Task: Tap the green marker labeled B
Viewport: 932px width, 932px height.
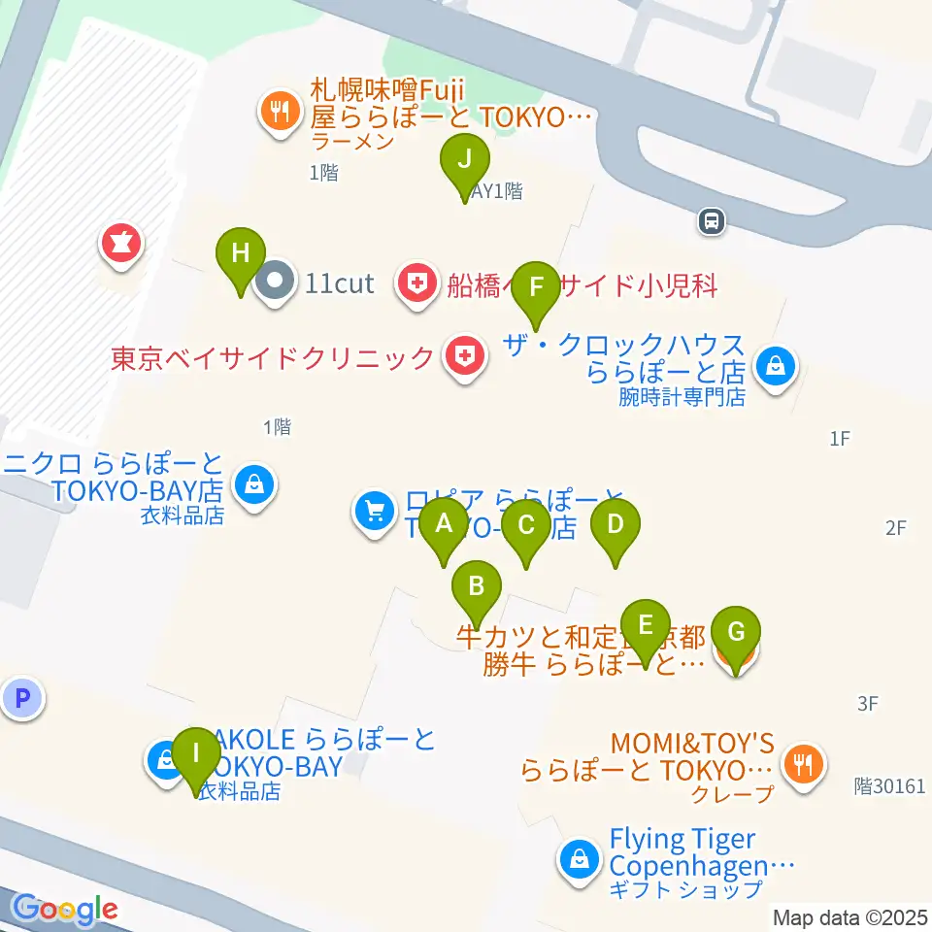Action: point(477,586)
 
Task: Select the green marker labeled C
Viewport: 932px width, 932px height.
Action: point(526,526)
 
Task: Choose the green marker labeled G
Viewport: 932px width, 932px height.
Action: point(736,634)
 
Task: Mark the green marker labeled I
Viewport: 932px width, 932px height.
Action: point(196,753)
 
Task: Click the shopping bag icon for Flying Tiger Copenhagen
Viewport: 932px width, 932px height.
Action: point(579,858)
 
